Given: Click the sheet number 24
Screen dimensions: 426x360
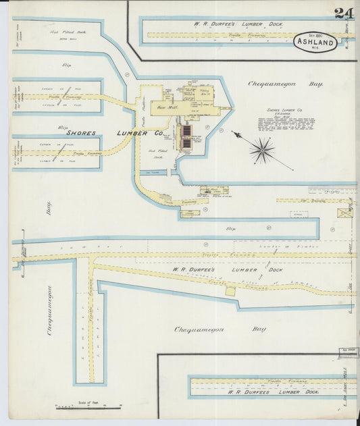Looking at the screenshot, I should (x=343, y=12).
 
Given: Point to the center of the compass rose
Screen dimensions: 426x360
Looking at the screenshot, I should (x=261, y=150).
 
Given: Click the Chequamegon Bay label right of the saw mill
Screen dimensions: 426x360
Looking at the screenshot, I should (x=294, y=84).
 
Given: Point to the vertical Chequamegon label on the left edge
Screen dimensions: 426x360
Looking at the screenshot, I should (x=49, y=310).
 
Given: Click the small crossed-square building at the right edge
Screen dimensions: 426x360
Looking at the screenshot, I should (x=346, y=213).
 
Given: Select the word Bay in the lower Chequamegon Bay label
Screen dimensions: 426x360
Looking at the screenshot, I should (x=259, y=329).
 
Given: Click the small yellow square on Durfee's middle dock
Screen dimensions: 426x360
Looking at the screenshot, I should (x=230, y=291).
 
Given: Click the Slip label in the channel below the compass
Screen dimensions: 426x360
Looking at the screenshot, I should (x=232, y=229).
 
